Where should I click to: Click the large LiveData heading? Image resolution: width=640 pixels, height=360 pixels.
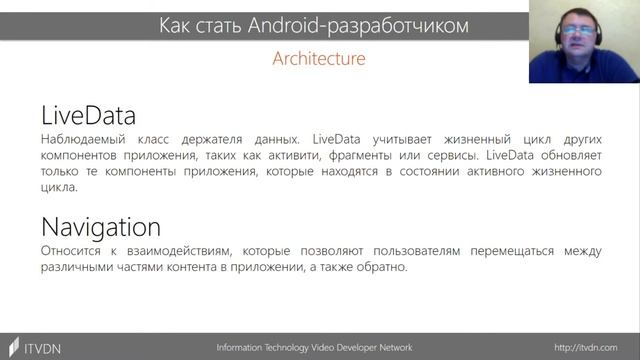pos(88,116)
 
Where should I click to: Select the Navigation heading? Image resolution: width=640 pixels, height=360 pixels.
pos(101,226)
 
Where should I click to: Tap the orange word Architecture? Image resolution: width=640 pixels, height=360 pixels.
pos(319,58)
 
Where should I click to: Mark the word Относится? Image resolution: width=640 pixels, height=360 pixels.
pos(74,249)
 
